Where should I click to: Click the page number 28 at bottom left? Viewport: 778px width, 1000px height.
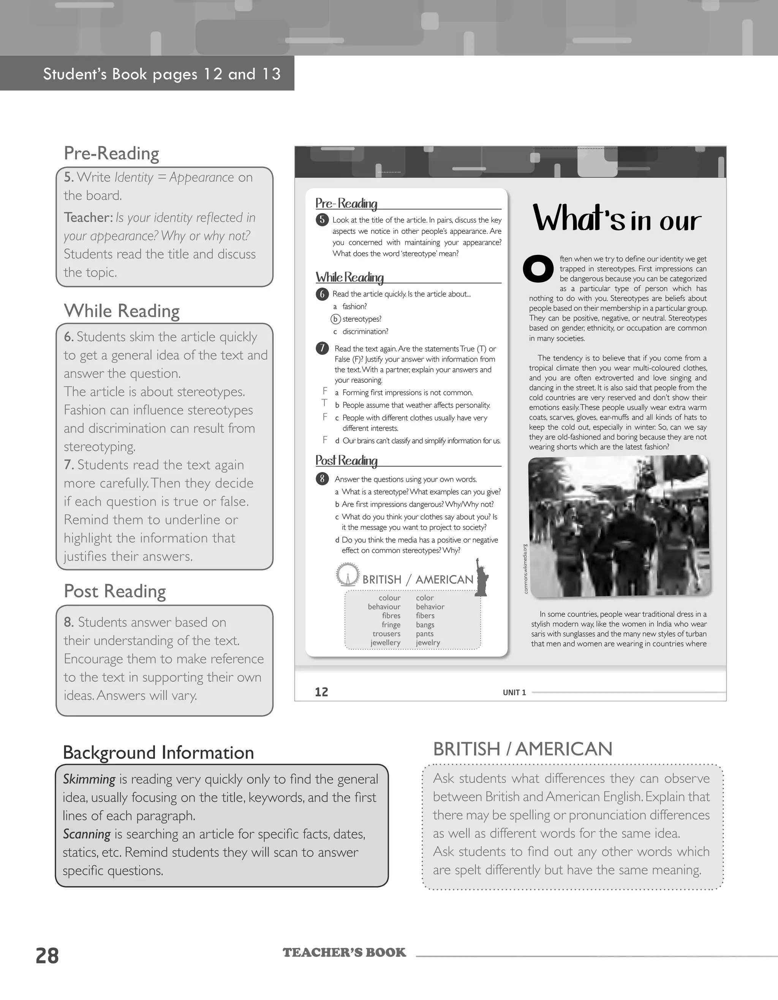click(47, 956)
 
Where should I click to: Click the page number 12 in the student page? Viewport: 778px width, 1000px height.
click(321, 692)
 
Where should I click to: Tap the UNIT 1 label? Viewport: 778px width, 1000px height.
click(514, 692)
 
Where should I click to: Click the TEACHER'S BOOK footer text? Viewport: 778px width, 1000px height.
click(344, 953)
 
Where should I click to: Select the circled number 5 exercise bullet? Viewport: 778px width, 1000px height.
click(322, 220)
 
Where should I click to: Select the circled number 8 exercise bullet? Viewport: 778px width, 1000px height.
click(322, 479)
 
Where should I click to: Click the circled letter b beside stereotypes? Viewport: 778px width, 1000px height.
click(336, 319)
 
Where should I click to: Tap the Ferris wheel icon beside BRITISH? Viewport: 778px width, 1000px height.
click(346, 574)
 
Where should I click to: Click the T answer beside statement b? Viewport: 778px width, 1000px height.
click(324, 403)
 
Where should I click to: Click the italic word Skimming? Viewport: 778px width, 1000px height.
click(89, 779)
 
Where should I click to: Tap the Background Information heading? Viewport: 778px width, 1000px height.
click(158, 753)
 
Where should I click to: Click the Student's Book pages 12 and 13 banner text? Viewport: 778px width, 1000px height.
click(162, 74)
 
